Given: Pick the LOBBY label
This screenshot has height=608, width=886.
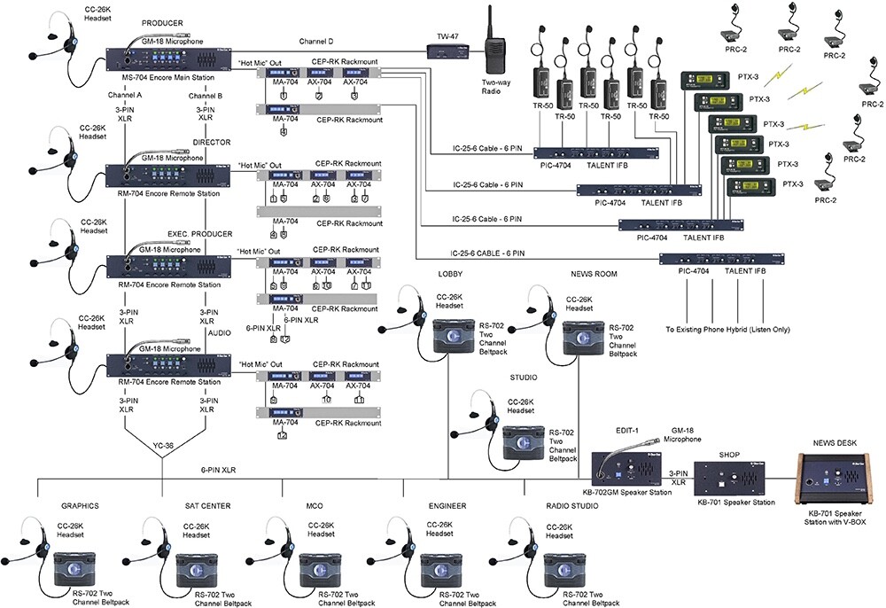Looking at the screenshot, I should pyautogui.click(x=450, y=273).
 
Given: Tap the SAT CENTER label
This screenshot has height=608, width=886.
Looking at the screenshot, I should pyautogui.click(x=209, y=506).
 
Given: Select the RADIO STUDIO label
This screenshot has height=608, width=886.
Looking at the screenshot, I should pyautogui.click(x=571, y=506).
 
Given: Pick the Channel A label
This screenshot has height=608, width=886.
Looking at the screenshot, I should pyautogui.click(x=126, y=95).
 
